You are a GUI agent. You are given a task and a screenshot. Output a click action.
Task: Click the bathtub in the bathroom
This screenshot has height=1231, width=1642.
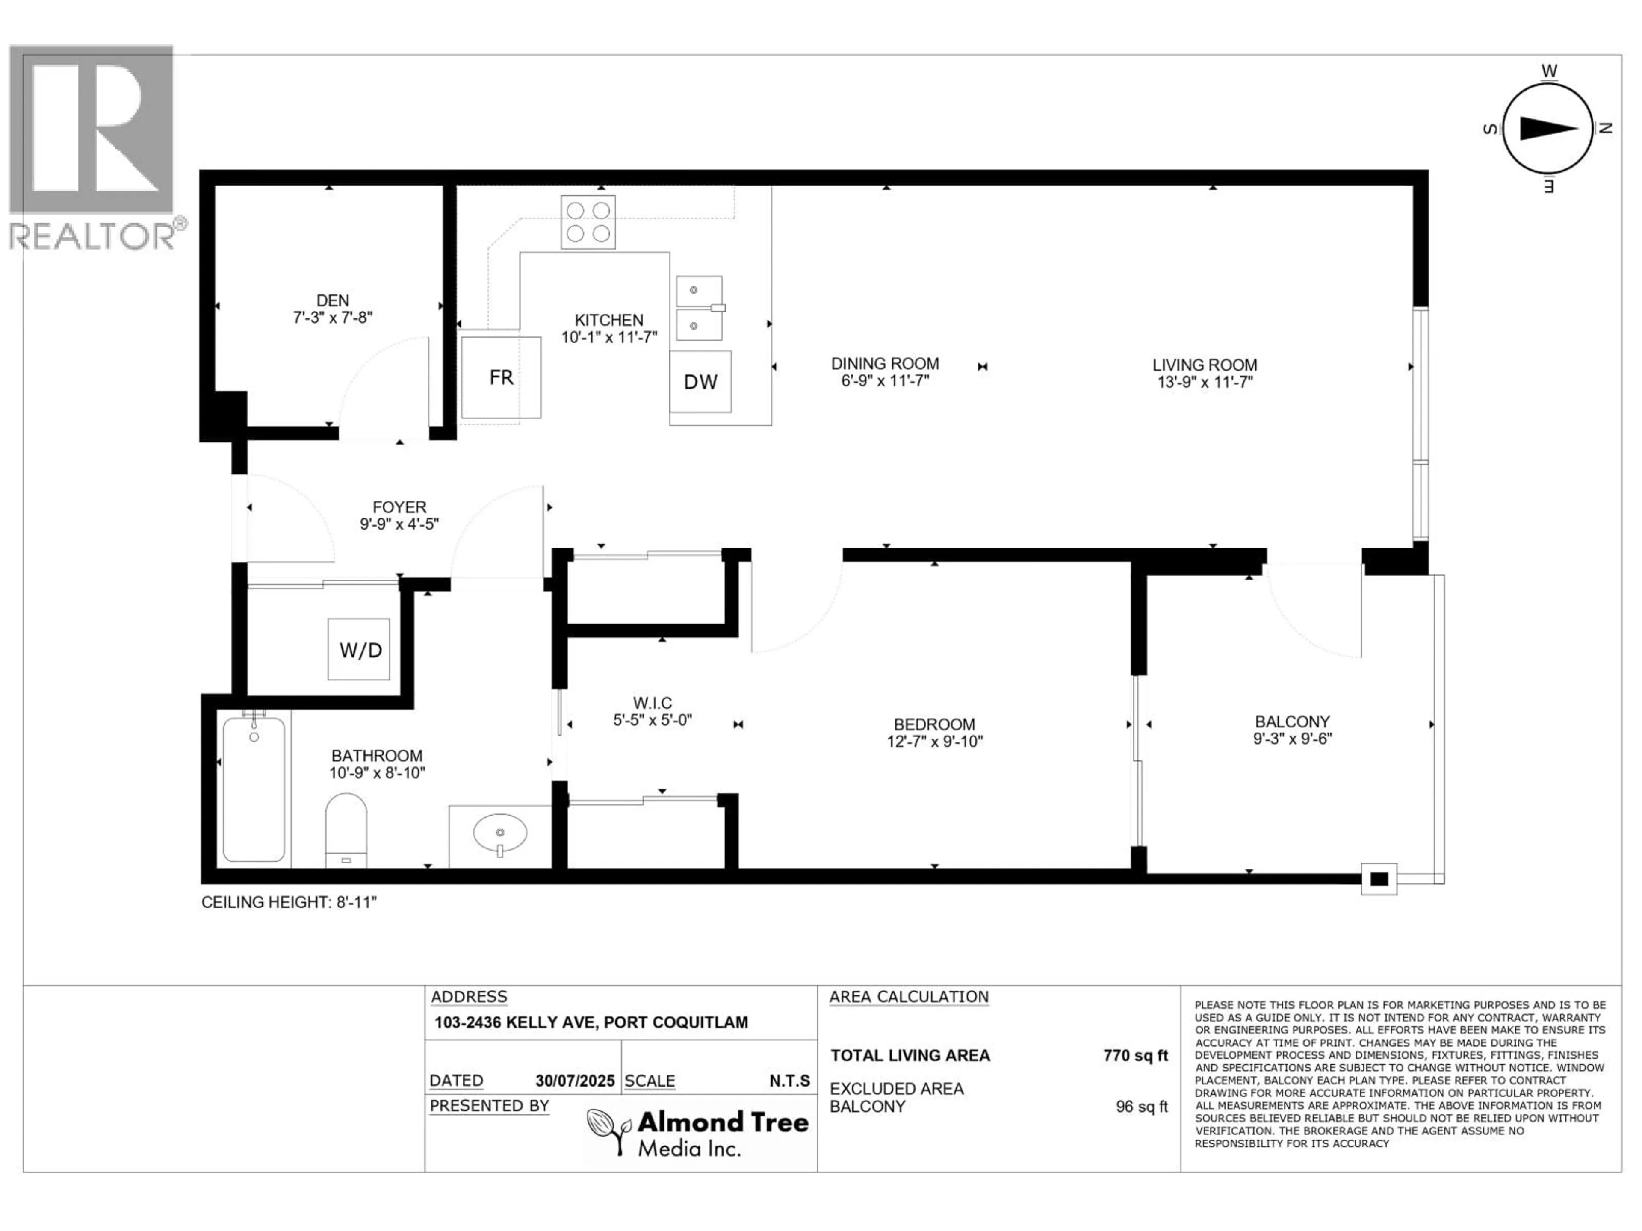click(254, 788)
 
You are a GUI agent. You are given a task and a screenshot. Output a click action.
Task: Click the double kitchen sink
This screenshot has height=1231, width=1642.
click(699, 308)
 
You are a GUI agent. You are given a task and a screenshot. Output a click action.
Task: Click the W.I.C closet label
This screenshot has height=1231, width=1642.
click(653, 702)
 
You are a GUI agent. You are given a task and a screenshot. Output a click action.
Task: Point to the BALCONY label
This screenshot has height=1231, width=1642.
click(1292, 721)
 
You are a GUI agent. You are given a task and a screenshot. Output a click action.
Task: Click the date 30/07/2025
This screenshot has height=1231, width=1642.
click(575, 1081)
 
